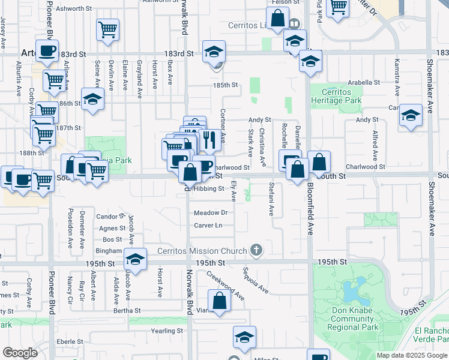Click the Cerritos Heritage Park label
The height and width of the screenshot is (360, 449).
340,97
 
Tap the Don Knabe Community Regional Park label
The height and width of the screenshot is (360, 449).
353,319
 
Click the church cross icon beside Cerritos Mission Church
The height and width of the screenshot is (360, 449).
256,250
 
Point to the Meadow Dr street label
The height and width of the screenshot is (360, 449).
211,213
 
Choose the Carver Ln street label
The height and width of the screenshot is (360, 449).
208,226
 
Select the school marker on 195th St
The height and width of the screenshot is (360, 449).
136,260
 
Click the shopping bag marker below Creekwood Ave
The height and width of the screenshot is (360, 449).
219,301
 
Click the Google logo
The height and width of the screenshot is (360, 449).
20,353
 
